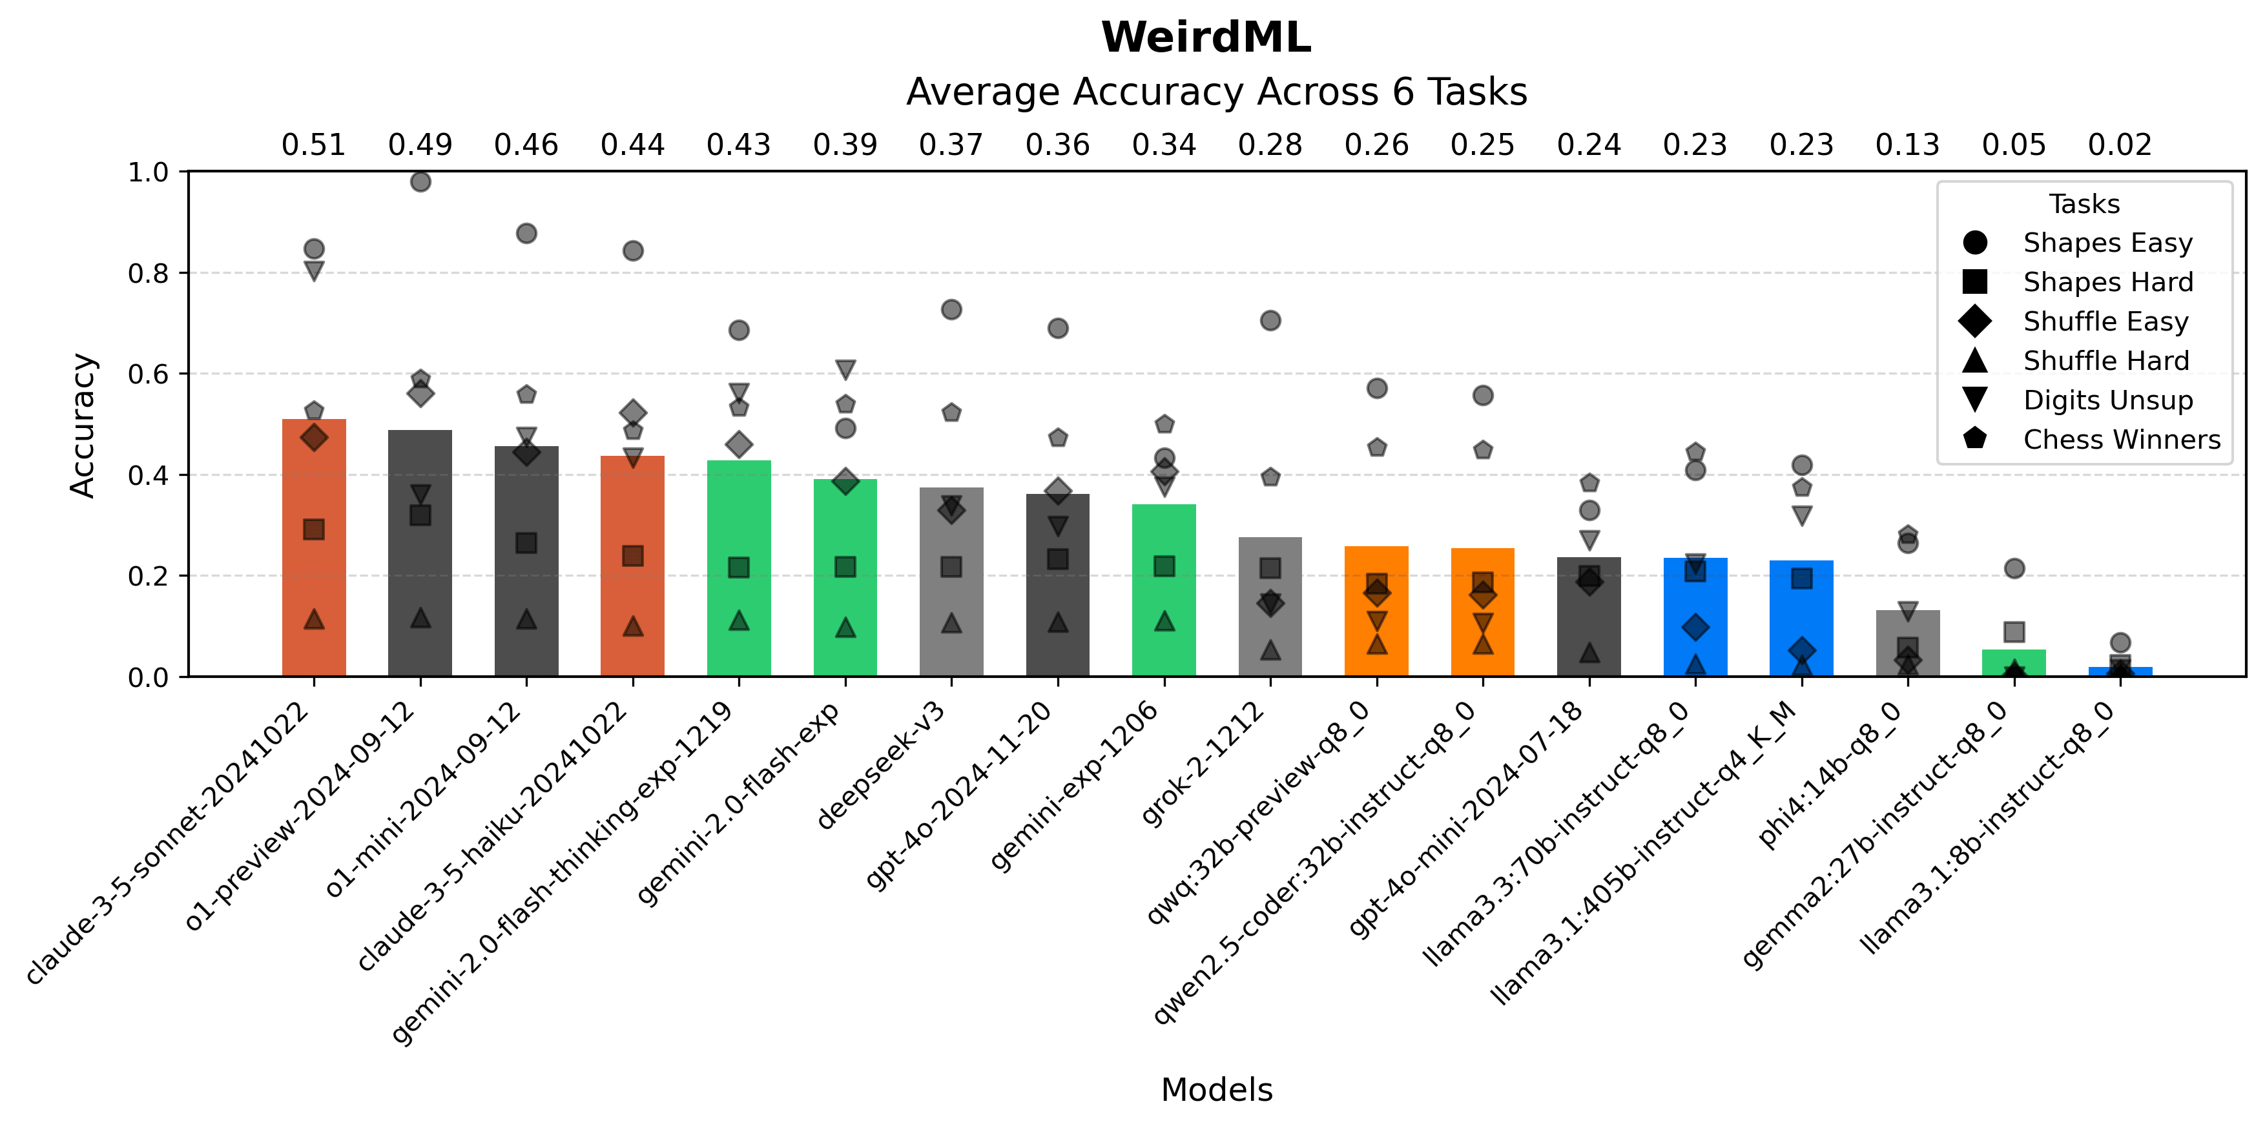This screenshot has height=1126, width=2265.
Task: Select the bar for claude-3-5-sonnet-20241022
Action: (x=314, y=571)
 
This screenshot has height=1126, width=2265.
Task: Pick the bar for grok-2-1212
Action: (x=1270, y=615)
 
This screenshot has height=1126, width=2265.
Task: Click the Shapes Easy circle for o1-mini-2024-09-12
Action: (x=526, y=234)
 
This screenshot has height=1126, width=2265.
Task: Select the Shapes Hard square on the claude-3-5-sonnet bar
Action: (x=314, y=529)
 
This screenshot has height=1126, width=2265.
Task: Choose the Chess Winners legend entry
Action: (x=2121, y=440)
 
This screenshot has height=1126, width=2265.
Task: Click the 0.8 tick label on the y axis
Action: (x=148, y=273)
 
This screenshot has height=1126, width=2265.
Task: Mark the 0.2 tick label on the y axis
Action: (x=148, y=577)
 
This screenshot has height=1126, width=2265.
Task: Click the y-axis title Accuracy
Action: (x=83, y=425)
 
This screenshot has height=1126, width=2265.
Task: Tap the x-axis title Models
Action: (x=1216, y=1090)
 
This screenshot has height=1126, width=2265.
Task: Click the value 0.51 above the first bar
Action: (x=314, y=145)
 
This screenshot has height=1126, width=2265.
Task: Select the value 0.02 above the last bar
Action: (x=2120, y=145)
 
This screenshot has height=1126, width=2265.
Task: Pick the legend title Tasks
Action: (x=2084, y=204)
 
